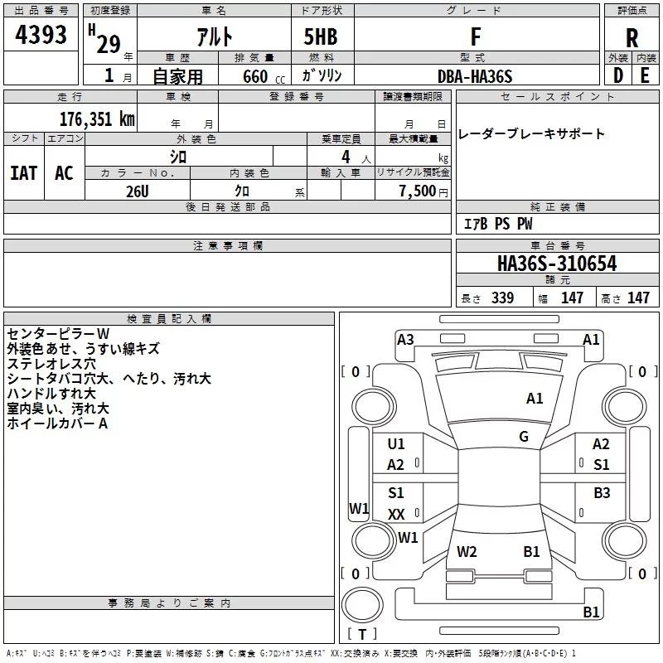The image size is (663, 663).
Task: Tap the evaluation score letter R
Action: [632, 38]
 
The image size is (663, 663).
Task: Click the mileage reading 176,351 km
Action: [97, 119]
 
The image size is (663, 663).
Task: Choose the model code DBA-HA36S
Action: [475, 76]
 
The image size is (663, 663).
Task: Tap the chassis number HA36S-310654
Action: [557, 264]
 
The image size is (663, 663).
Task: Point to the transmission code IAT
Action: [23, 173]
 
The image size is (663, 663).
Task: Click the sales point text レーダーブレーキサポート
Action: [531, 133]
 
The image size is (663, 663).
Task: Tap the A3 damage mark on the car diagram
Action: [405, 339]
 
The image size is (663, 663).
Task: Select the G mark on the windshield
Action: [524, 437]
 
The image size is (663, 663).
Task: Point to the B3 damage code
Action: [602, 493]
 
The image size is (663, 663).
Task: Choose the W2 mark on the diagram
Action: [467, 551]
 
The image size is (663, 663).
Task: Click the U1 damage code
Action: [396, 444]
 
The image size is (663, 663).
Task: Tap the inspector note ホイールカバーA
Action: [57, 423]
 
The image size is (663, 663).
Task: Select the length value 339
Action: [501, 298]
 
